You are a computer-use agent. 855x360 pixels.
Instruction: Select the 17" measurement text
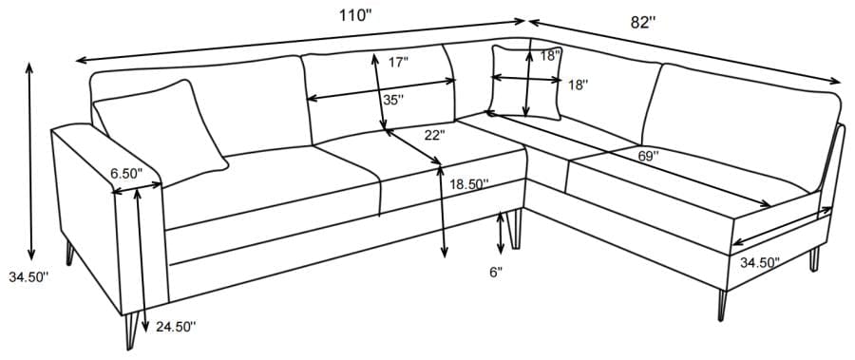click(x=399, y=63)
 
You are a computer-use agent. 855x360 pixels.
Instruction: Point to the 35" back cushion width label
click(x=392, y=99)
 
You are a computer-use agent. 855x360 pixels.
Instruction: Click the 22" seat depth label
click(x=434, y=135)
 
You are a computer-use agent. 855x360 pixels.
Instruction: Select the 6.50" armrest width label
click(x=125, y=174)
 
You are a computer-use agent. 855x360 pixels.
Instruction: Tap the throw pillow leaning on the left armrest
click(x=161, y=125)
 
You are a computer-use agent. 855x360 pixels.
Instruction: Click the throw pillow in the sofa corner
click(x=524, y=83)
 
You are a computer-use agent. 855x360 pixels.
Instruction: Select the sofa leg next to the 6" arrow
click(x=518, y=228)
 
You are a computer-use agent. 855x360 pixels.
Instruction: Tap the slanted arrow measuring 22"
click(x=413, y=146)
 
